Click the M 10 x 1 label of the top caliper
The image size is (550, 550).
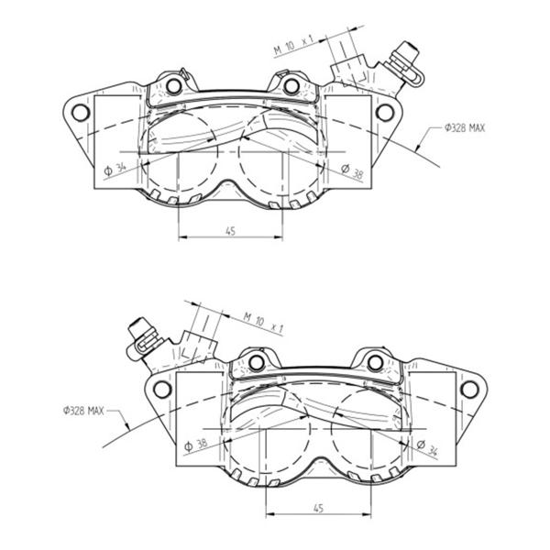[x=294, y=45]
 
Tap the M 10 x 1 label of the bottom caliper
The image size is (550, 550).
[x=263, y=323]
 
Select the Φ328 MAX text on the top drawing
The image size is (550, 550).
[x=465, y=128]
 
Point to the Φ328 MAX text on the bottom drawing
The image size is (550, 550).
[x=83, y=410]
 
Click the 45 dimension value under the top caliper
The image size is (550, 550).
[x=230, y=231]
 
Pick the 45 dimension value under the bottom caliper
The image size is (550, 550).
[x=318, y=508]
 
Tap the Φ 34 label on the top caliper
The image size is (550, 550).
[x=115, y=169]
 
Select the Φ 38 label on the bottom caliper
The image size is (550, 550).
[x=196, y=445]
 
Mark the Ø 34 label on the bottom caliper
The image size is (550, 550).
[x=427, y=447]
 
